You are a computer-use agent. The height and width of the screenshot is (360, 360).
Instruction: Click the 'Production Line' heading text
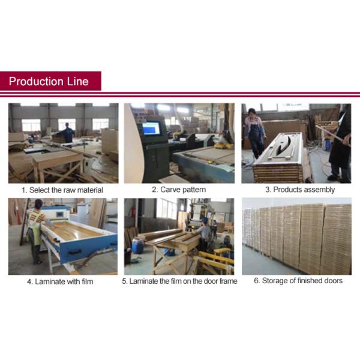click(49, 81)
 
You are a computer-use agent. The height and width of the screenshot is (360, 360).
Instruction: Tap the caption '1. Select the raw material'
click(62, 190)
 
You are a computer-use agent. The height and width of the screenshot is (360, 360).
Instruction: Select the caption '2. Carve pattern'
click(179, 190)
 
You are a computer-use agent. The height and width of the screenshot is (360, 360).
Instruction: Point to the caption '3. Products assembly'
click(300, 190)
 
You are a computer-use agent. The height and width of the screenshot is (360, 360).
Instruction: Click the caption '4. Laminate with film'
click(60, 281)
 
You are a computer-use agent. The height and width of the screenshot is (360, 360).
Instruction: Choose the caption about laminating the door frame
click(179, 281)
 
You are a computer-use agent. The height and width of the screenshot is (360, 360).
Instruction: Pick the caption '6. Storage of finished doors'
click(298, 281)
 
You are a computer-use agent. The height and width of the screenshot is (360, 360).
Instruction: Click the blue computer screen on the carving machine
click(151, 128)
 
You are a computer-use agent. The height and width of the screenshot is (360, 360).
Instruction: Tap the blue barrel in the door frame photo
click(138, 246)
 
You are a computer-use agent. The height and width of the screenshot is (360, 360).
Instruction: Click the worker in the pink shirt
click(254, 133)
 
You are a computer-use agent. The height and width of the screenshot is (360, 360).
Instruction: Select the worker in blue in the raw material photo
click(67, 133)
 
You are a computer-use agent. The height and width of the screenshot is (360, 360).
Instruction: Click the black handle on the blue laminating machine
click(74, 252)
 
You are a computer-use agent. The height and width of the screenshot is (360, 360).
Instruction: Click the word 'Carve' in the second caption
click(169, 190)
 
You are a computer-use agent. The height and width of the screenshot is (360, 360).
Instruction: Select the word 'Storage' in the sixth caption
click(274, 281)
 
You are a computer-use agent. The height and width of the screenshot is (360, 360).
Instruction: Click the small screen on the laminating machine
click(60, 214)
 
